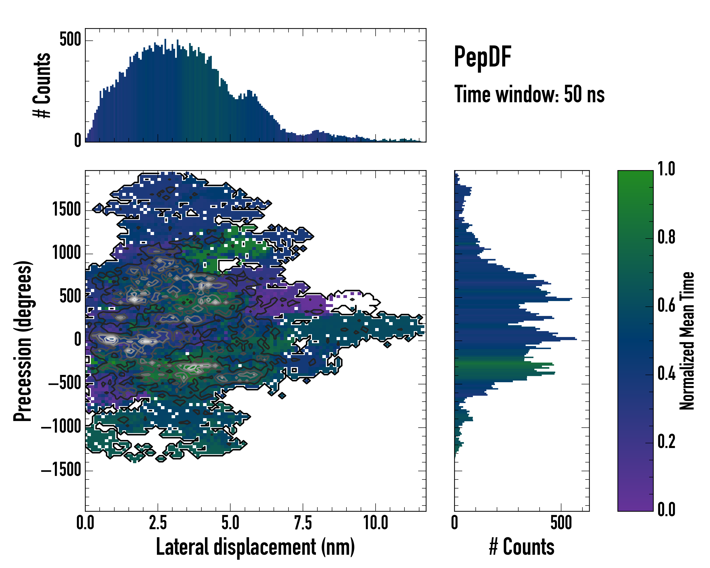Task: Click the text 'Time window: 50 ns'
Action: pyautogui.click(x=529, y=94)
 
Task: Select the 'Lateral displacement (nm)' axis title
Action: pyautogui.click(x=255, y=547)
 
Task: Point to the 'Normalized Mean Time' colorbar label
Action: pyautogui.click(x=687, y=341)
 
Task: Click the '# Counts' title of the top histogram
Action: pyautogui.click(x=42, y=85)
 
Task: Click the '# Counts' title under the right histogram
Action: pyautogui.click(x=522, y=547)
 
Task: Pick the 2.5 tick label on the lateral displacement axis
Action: pyautogui.click(x=158, y=523)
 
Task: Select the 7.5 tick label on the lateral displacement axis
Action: pyautogui.click(x=303, y=523)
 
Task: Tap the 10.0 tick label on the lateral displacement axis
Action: pyautogui.click(x=375, y=523)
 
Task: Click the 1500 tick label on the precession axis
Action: pyautogui.click(x=67, y=209)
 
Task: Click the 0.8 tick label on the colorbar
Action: pyautogui.click(x=666, y=237)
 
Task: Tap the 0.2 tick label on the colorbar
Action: pyautogui.click(x=666, y=442)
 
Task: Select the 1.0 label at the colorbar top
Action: pyautogui.click(x=666, y=169)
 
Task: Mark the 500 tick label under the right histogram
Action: pyautogui.click(x=561, y=523)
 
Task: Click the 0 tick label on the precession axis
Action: pyautogui.click(x=78, y=340)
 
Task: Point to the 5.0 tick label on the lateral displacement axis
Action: pyautogui.click(x=230, y=523)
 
